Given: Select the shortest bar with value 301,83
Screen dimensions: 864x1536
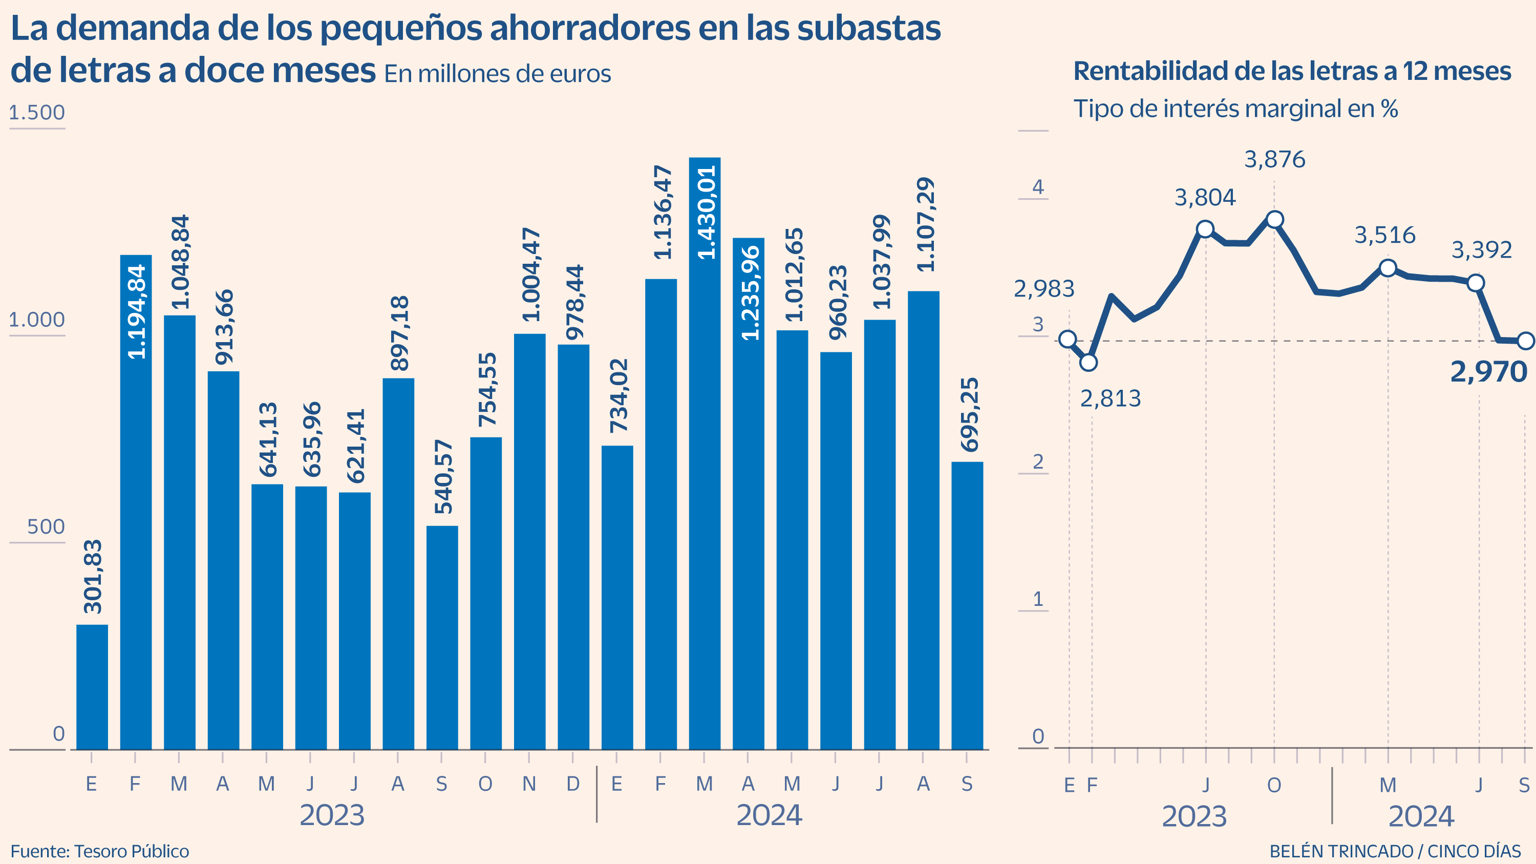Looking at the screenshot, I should pos(93,686).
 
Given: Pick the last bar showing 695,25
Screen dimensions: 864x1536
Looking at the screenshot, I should pos(967,605).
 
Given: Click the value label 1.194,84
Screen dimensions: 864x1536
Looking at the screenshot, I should pos(137,312).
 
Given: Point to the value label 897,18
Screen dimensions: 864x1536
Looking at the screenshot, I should pos(399,333).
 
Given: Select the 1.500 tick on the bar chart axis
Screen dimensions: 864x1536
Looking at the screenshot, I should pos(37,113).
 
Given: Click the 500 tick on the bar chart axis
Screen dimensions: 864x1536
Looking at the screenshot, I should pos(46,527).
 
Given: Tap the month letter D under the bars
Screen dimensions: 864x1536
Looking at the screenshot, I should pos(572,784).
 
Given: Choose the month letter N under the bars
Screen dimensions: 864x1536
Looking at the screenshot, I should pos(529,784).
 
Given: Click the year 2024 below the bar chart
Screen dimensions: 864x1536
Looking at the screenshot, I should pos(769,815).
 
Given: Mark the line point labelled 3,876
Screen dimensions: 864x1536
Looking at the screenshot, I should pos(1274,219).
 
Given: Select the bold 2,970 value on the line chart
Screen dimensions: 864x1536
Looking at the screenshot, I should pos(1488,372).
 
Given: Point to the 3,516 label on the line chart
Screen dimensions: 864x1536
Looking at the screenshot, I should pos(1384,236).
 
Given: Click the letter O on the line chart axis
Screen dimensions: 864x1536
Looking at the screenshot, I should pos(1274,785).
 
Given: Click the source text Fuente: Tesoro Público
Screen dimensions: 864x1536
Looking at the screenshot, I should pos(99,851).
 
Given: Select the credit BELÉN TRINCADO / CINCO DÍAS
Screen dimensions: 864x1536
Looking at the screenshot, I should pos(1395,851).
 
